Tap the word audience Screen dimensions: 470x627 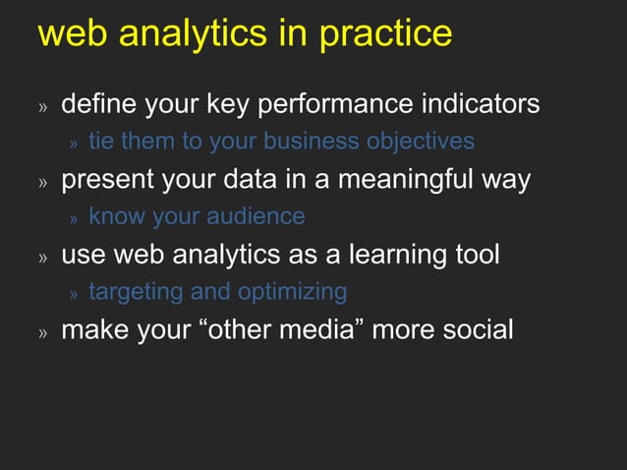[x=254, y=216]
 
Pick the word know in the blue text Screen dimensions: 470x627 [x=116, y=216]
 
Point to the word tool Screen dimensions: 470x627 [x=476, y=255]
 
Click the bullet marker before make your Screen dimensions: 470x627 [x=43, y=332]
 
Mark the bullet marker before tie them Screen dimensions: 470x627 [x=73, y=144]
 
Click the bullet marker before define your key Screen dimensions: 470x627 [x=43, y=106]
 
